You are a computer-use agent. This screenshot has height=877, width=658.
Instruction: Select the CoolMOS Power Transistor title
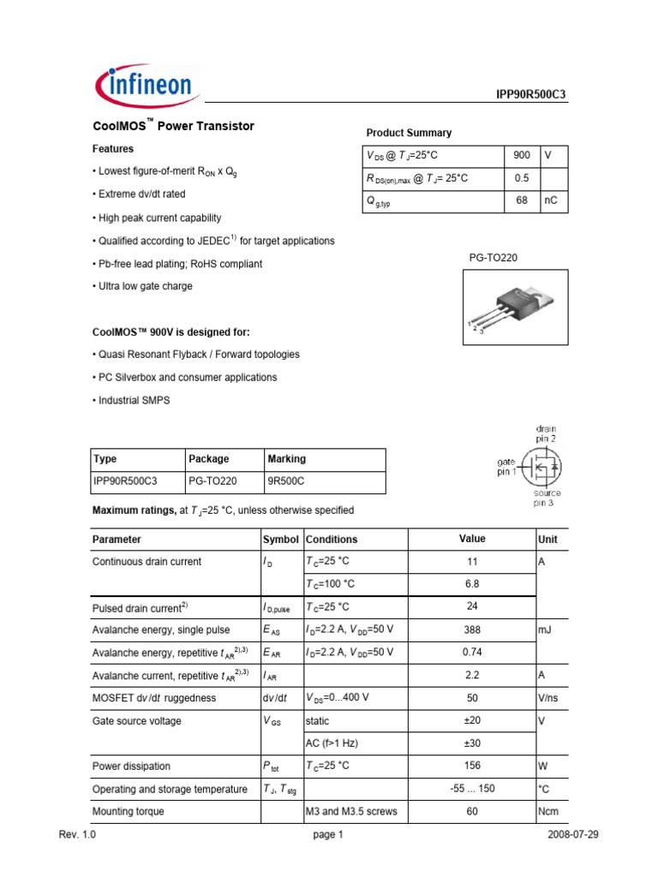click(x=173, y=126)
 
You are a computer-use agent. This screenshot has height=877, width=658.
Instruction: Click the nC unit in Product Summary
click(x=553, y=202)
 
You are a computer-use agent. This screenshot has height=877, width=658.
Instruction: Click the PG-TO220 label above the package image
click(x=493, y=257)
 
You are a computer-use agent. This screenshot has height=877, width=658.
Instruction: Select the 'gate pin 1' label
click(x=507, y=466)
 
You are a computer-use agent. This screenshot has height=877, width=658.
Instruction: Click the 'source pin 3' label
click(x=547, y=498)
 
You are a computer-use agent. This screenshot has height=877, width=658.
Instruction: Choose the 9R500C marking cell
click(x=286, y=482)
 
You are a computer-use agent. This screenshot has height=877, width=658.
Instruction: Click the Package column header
click(x=209, y=459)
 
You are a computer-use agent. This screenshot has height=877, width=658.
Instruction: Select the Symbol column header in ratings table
click(x=281, y=540)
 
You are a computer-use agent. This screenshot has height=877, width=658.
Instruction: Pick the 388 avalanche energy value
click(x=472, y=629)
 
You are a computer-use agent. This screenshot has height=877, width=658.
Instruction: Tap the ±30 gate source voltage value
click(x=472, y=743)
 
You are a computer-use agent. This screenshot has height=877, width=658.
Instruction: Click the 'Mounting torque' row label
click(x=128, y=811)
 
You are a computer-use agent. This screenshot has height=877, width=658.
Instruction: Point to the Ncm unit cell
click(x=547, y=811)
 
